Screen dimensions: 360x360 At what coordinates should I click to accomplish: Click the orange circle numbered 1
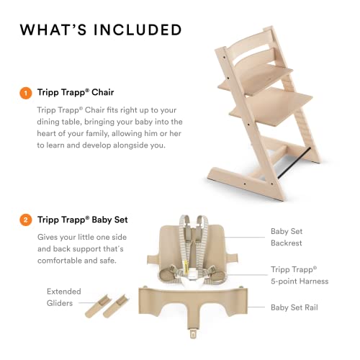point(26,93)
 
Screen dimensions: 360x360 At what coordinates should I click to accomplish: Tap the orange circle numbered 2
point(26,220)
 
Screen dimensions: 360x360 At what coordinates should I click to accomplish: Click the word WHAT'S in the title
point(55,30)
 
